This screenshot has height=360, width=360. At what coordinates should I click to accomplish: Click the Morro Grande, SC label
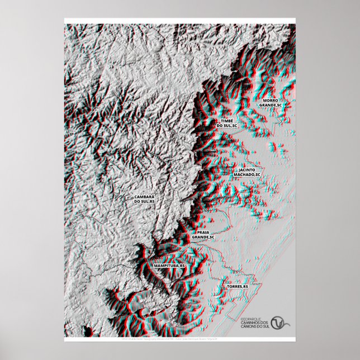(271, 103)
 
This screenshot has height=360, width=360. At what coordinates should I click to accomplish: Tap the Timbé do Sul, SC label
(226, 123)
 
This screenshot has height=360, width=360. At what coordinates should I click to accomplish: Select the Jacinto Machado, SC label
(247, 172)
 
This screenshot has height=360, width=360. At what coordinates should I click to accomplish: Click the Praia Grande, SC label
(203, 235)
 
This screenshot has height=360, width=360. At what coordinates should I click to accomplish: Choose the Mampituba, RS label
(169, 266)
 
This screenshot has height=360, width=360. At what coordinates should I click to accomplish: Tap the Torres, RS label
(237, 286)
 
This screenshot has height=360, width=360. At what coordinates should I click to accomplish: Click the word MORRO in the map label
(271, 101)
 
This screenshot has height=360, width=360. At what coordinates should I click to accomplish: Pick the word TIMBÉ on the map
(226, 121)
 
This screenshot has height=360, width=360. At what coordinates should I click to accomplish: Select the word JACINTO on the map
(247, 169)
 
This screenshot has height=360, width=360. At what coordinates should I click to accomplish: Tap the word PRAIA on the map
(203, 232)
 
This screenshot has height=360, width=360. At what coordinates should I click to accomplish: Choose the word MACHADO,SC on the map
(247, 174)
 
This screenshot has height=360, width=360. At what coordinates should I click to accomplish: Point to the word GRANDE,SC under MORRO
(271, 105)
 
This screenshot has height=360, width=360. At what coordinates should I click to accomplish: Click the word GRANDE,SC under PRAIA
(203, 237)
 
